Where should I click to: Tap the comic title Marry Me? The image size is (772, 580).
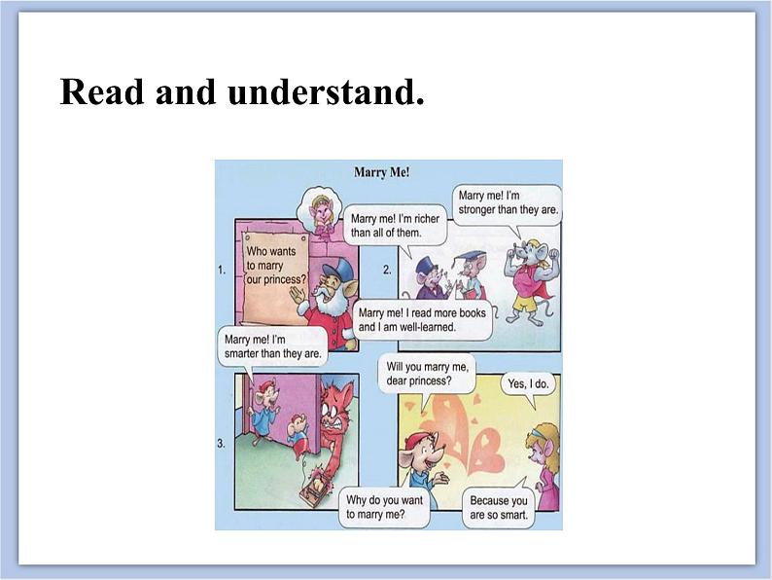pos(381,172)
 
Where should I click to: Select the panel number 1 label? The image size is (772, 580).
pos(222,272)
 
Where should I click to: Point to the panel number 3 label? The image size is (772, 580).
pos(222,444)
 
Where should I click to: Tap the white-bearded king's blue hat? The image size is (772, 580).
pos(336,270)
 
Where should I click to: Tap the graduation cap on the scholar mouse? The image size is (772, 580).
pos(472,256)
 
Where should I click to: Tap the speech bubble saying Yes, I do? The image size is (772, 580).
pos(528,384)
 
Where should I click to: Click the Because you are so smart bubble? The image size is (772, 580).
pos(497,508)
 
